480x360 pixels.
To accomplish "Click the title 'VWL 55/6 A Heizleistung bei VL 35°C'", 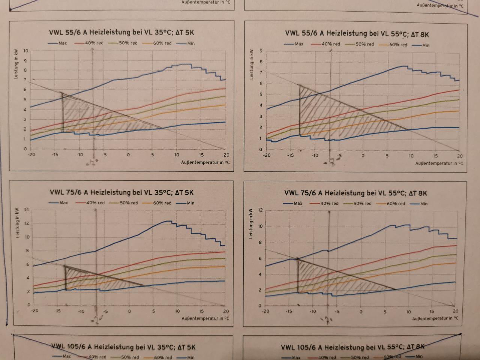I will click(121, 32).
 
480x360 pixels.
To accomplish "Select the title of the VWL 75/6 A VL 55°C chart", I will click(355, 193).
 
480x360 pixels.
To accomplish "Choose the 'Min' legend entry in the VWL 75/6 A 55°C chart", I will click(423, 204).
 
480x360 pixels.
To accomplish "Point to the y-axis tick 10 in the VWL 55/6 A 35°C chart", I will click(25, 51).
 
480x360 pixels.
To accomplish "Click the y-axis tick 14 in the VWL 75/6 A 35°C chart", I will click(26, 210).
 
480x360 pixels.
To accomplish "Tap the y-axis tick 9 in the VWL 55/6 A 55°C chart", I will click(261, 51).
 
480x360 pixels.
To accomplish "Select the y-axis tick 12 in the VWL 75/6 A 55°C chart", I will click(260, 210).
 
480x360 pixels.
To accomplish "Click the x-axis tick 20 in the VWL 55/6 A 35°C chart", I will click(226, 155).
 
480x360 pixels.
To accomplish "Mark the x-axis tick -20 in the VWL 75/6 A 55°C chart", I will click(265, 311).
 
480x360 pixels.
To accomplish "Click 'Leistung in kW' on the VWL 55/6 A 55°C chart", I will click(251, 64).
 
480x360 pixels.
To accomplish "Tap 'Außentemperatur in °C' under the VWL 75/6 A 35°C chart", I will click(205, 318).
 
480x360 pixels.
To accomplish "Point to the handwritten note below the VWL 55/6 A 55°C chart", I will click(330, 162).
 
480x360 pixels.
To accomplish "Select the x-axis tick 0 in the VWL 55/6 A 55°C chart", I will click(363, 156).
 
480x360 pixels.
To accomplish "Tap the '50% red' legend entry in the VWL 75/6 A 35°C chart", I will click(129, 203).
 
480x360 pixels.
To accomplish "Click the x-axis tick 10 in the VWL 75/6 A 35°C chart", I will click(177, 311).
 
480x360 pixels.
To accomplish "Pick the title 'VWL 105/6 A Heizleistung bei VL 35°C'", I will click(123, 347).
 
